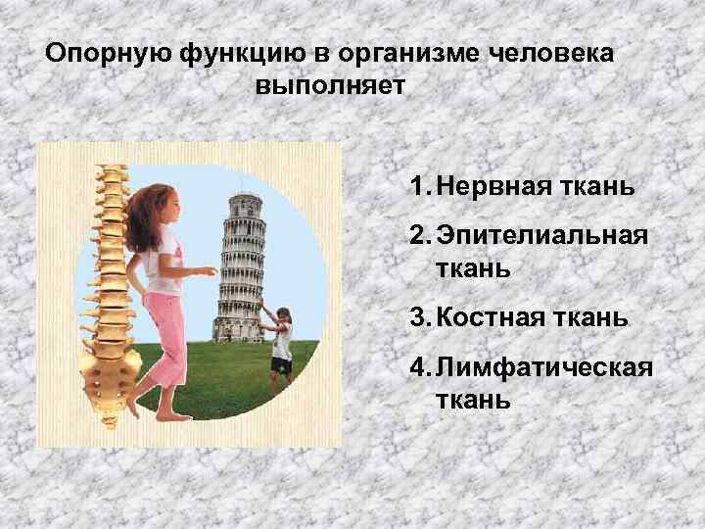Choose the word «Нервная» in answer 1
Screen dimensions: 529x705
pyautogui.click(x=485, y=187)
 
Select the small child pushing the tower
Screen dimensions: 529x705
pyautogui.click(x=280, y=343)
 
